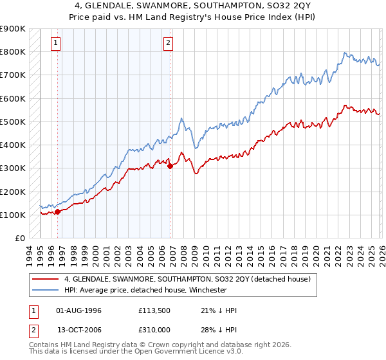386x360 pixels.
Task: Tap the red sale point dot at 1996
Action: point(57,211)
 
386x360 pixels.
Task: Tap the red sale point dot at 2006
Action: point(170,166)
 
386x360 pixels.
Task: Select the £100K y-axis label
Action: point(13,215)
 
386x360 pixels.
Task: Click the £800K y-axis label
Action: point(13,51)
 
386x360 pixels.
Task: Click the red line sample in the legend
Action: point(46,279)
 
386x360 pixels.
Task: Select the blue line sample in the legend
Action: point(46,290)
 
